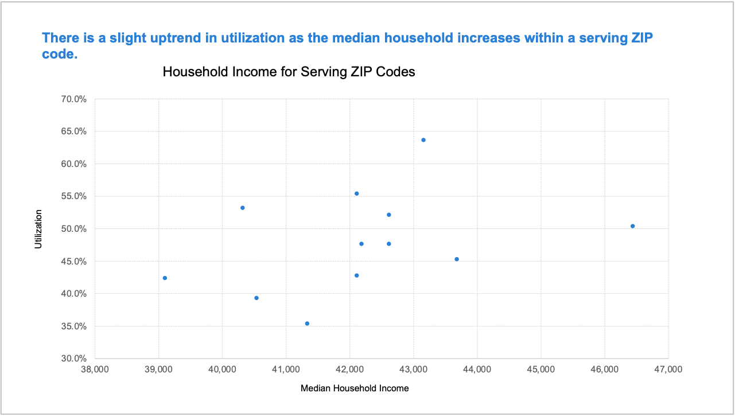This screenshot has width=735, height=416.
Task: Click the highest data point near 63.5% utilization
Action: click(423, 140)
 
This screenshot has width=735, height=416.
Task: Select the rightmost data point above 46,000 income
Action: click(632, 226)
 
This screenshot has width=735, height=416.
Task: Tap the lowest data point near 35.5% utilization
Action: click(307, 324)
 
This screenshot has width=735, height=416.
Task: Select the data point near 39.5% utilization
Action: click(256, 298)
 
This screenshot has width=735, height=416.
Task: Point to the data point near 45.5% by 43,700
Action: click(457, 259)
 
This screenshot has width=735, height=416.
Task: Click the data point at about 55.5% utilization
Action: click(356, 193)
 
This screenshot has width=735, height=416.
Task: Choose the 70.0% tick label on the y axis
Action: click(75, 99)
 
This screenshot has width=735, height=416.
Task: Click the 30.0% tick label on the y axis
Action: click(75, 359)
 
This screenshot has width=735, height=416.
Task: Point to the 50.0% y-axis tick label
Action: click(75, 229)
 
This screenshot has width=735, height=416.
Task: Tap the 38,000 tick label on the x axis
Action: click(95, 370)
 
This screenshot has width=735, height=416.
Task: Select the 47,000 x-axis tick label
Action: click(668, 370)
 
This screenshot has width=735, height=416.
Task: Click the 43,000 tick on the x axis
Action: click(413, 370)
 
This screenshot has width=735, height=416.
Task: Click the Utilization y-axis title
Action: click(39, 229)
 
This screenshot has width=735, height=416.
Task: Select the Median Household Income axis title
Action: click(355, 388)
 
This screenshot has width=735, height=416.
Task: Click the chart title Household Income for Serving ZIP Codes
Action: click(289, 72)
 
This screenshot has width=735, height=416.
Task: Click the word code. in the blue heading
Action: click(60, 54)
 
